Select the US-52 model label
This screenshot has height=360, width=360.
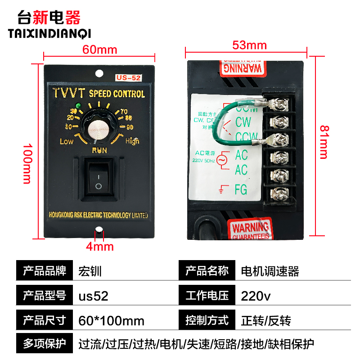129,78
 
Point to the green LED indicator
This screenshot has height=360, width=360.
79,106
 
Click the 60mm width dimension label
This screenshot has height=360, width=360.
99,49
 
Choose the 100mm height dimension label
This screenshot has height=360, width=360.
27,164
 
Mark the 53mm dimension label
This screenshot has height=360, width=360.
249,45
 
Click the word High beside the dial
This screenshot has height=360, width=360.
132,141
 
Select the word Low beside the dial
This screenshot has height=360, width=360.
66,141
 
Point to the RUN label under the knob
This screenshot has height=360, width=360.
99,150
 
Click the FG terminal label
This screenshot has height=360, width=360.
241,189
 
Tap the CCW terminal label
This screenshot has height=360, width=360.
247,136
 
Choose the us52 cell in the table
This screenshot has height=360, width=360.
93,296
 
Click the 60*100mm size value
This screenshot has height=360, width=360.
111,320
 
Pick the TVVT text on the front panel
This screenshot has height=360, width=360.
69,93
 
